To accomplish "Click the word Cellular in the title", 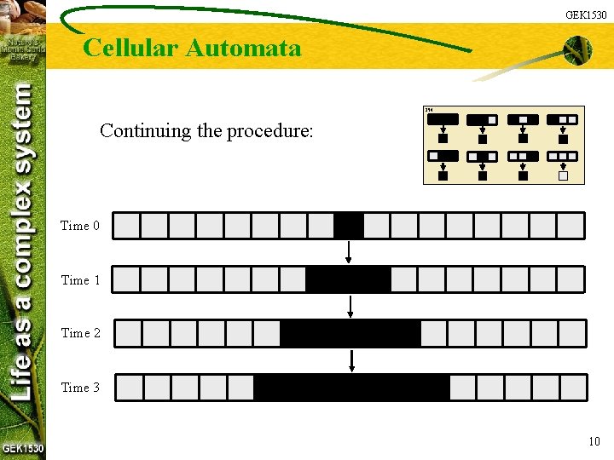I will [x=130, y=48].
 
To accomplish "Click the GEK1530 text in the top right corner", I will [x=587, y=14].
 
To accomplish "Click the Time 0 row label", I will [x=80, y=226].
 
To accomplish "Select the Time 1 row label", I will [x=80, y=279].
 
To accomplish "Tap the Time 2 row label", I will [x=80, y=333].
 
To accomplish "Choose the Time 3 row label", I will [x=80, y=387].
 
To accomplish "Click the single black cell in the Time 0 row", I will [x=349, y=226].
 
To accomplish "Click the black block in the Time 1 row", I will [x=348, y=279].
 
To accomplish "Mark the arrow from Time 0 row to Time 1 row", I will [x=349, y=252].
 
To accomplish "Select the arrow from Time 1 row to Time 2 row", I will [x=351, y=306].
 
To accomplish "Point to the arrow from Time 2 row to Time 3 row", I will [x=351, y=360].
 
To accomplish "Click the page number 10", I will [x=594, y=440].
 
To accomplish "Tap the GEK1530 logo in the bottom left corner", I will [x=23, y=448].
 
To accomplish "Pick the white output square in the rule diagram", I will [x=563, y=176].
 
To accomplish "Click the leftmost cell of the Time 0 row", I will [x=127, y=226].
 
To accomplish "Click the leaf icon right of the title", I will [x=576, y=51].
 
